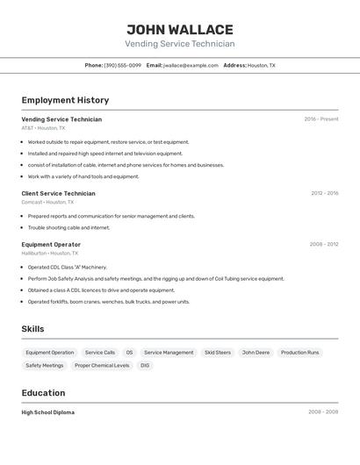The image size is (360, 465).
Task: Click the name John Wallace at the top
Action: click(x=180, y=30)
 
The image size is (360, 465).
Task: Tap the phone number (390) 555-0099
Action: click(x=122, y=65)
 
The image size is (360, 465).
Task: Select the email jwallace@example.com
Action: click(x=191, y=65)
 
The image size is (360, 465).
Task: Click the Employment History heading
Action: click(x=65, y=100)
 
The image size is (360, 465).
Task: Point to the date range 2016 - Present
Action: click(x=321, y=119)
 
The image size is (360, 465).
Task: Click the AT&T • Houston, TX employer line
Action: click(x=43, y=128)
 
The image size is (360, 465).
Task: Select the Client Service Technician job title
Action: click(x=58, y=193)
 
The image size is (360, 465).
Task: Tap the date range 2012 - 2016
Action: click(x=324, y=193)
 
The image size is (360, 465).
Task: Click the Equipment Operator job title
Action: click(x=51, y=245)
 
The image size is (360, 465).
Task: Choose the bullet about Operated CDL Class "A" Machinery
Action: click(x=68, y=267)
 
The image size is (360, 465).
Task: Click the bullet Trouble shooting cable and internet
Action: click(x=68, y=227)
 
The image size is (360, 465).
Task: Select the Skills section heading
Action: click(x=32, y=329)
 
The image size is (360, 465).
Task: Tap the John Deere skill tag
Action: click(x=256, y=353)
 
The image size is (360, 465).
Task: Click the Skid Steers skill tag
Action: click(x=218, y=353)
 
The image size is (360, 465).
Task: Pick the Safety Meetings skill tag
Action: click(x=45, y=365)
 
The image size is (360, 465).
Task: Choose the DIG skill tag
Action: click(x=145, y=365)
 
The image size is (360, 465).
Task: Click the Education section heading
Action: click(x=43, y=393)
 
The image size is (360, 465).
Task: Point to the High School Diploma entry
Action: click(x=48, y=412)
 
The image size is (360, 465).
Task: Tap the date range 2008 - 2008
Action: click(x=323, y=412)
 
